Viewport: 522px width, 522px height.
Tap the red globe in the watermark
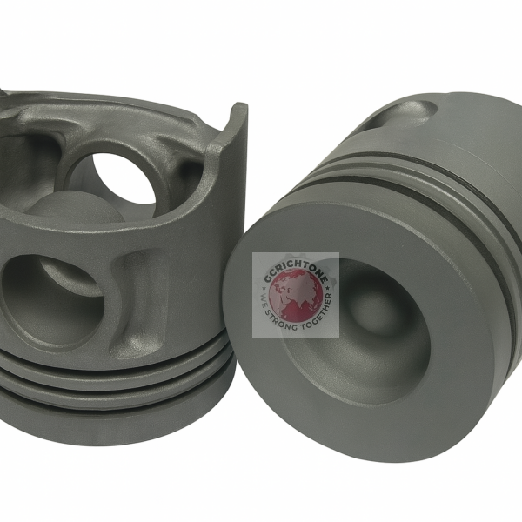point(297,296)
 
